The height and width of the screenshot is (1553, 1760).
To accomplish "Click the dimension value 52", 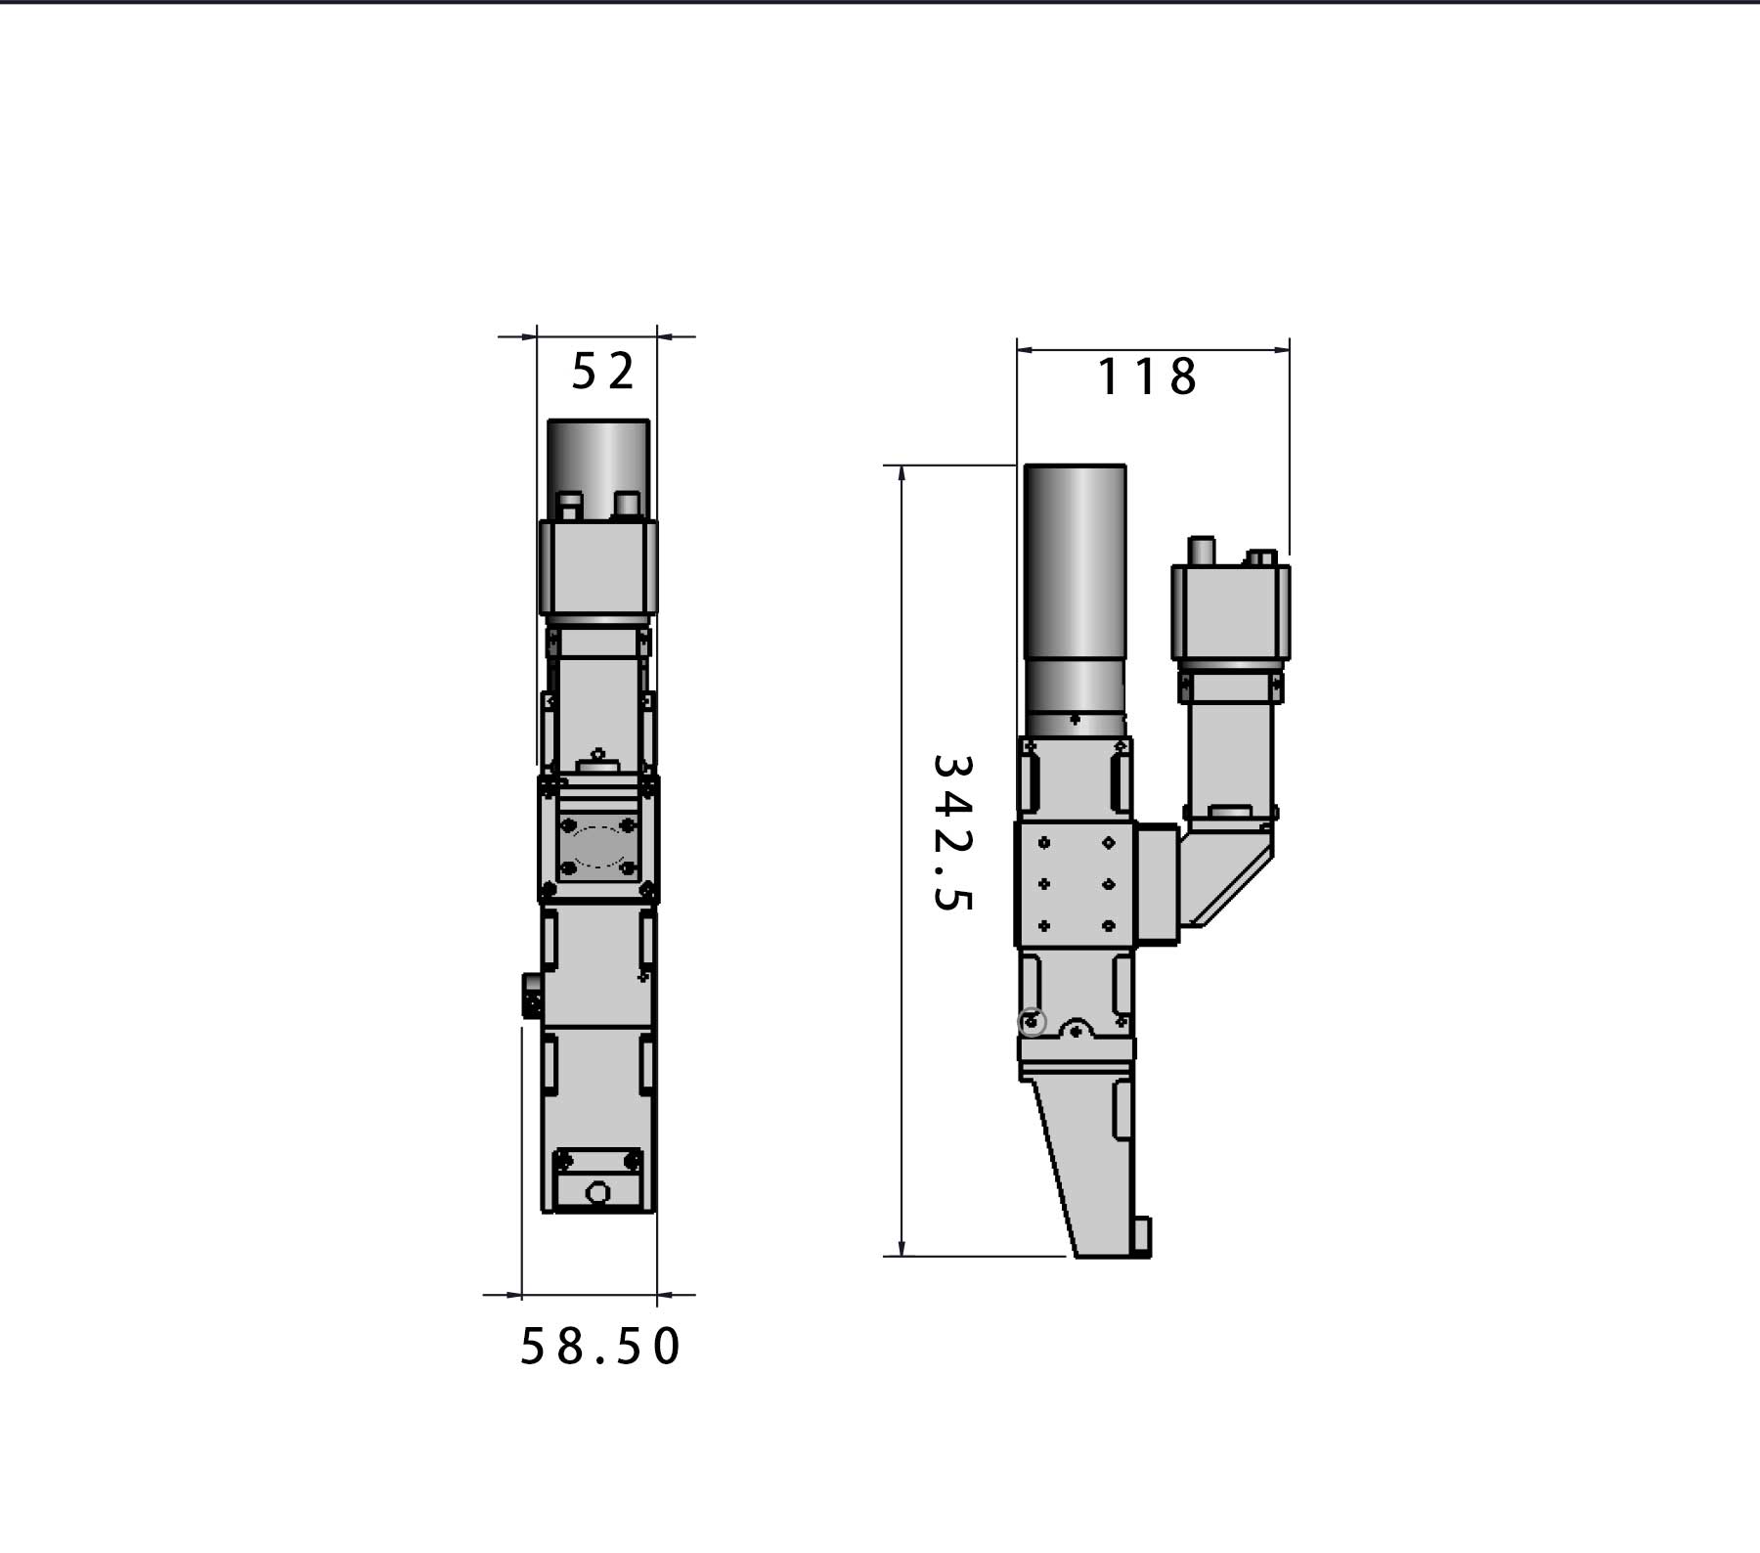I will click(602, 372).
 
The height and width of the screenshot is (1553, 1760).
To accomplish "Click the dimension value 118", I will click(1146, 377).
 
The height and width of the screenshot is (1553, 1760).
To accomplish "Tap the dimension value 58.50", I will click(599, 1347).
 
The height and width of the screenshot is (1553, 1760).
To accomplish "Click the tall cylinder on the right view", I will click(1075, 587).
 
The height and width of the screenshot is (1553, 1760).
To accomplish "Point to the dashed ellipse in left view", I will click(598, 846).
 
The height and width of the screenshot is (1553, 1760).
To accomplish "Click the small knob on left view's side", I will click(532, 997).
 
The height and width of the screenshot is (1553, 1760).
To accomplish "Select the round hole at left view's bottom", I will click(597, 1192).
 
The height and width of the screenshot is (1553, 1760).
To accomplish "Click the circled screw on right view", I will click(1032, 1023).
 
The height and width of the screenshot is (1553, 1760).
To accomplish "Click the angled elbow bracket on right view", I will click(1227, 870).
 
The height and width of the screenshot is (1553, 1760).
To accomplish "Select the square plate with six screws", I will click(1075, 884).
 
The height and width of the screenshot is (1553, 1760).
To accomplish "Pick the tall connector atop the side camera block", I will click(1201, 551).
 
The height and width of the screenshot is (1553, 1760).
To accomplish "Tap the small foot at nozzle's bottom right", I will click(1141, 1236).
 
